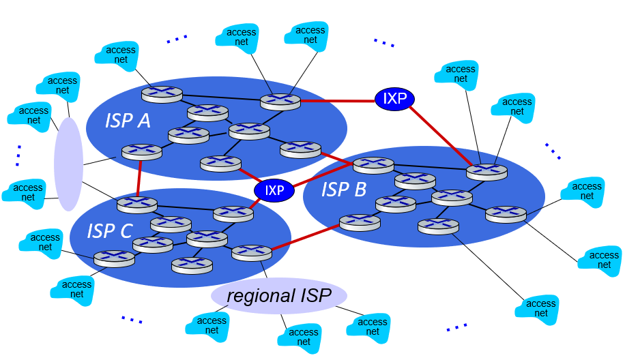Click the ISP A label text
[x=128, y=121]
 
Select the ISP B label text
[x=344, y=190]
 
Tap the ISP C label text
[x=109, y=231]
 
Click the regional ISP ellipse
[x=278, y=296]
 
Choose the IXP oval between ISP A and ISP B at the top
[x=394, y=99]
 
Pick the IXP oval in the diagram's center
[x=274, y=190]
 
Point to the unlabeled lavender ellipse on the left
[x=68, y=164]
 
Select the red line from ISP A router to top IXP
[x=337, y=101]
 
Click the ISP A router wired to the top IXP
[x=280, y=102]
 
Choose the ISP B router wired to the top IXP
[x=487, y=171]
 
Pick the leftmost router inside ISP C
[x=114, y=258]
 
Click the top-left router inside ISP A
[x=162, y=93]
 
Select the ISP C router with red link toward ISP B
[x=252, y=253]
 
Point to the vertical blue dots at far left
[x=18, y=155]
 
